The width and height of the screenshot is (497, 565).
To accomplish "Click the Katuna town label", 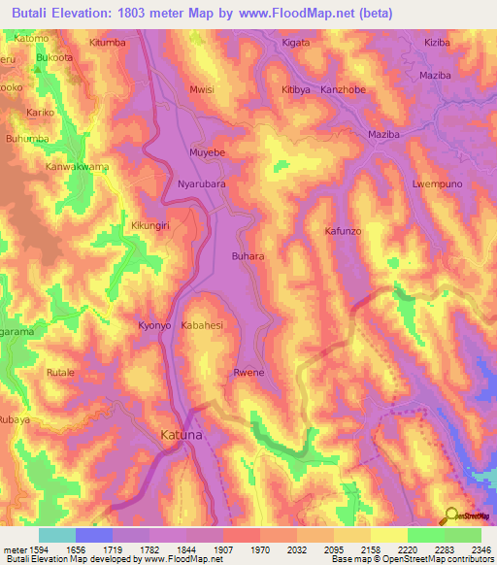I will click(182, 438).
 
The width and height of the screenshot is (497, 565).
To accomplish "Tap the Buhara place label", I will click(248, 256).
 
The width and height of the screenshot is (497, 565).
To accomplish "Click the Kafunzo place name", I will click(343, 231).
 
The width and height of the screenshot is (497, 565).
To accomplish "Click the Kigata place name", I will click(295, 44).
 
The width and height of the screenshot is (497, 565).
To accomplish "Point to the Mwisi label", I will click(201, 89).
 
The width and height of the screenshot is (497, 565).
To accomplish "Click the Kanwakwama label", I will click(78, 166).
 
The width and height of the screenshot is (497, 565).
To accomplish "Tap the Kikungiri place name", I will click(150, 226).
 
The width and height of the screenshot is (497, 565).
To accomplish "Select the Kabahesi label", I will click(203, 326).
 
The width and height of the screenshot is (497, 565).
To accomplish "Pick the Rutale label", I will click(60, 372).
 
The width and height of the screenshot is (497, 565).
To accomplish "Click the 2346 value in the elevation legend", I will click(480, 548).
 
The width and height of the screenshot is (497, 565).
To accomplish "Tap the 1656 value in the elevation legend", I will click(75, 548).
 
